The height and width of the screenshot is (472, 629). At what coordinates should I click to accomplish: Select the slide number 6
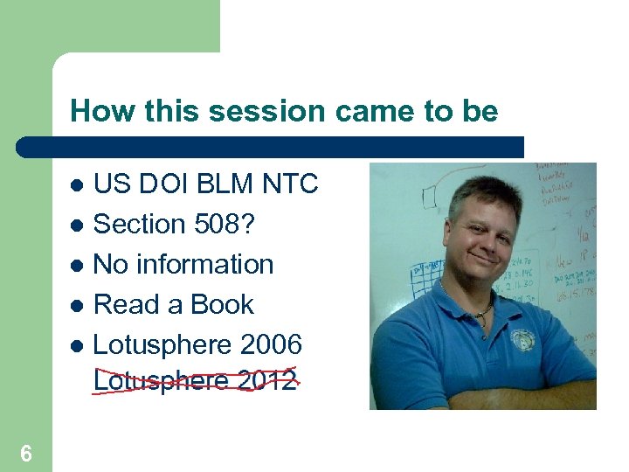[x=26, y=454]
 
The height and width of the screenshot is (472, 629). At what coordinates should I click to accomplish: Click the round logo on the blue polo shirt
[x=523, y=340]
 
